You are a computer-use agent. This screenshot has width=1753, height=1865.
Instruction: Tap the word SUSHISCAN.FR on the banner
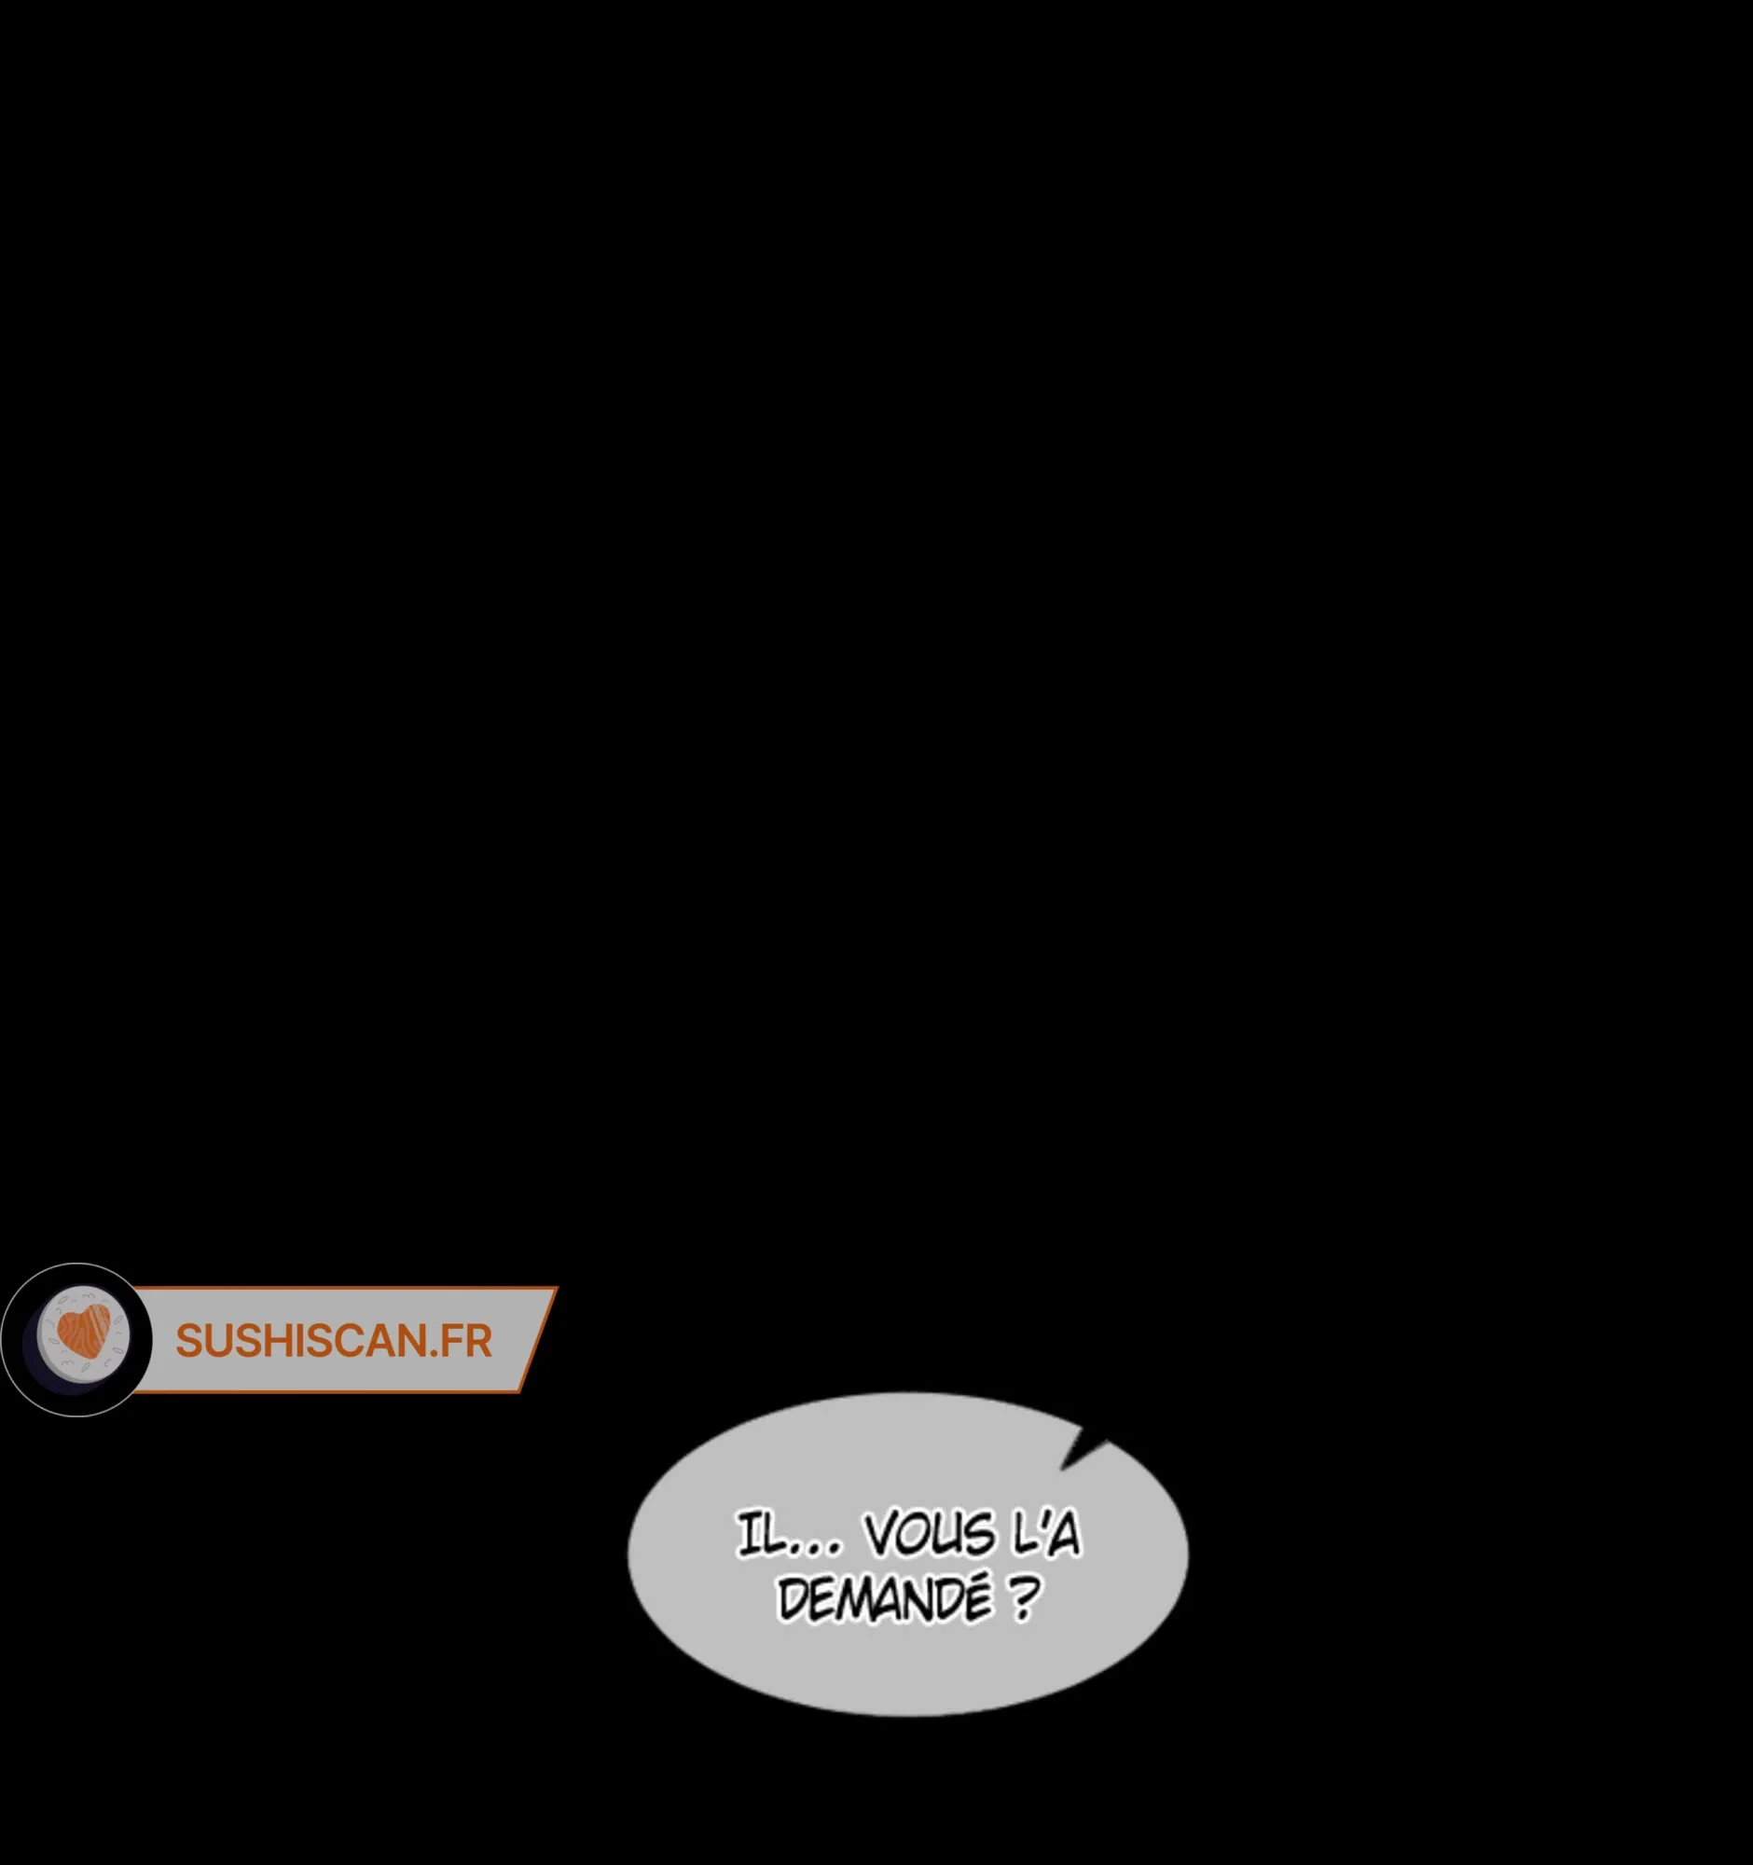[333, 1341]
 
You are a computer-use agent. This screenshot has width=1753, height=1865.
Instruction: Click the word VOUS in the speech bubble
[929, 1535]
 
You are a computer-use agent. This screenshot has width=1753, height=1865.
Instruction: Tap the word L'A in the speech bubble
[1047, 1535]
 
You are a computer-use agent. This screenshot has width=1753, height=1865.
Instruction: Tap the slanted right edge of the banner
[537, 1340]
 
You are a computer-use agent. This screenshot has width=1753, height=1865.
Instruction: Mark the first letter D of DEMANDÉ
[794, 1598]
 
